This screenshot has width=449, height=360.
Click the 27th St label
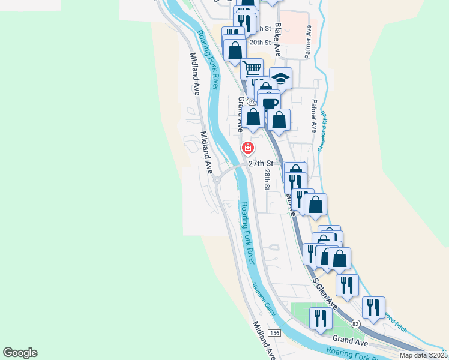point(261,163)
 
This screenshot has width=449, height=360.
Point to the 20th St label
point(261,43)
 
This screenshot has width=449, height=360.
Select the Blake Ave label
point(278,40)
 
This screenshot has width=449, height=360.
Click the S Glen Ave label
point(324,294)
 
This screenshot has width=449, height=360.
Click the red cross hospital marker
point(247,148)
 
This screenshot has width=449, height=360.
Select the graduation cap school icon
point(280,77)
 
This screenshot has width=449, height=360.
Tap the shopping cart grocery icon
point(252,68)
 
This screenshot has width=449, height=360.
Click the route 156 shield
point(274,333)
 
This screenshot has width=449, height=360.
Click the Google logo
point(20,353)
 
